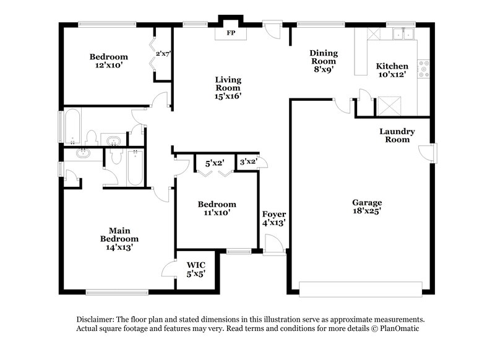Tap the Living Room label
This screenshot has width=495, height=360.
[228, 88]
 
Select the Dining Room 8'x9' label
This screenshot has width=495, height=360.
[323, 61]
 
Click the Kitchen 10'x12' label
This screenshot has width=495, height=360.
[393, 70]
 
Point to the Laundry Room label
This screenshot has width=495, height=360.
[397, 135]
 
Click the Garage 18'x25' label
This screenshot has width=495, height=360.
[367, 207]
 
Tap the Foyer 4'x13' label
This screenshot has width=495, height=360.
[273, 218]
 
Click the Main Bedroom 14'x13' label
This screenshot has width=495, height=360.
[119, 238]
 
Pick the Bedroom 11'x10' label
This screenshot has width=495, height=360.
[217, 208]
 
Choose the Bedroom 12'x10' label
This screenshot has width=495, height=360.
[108, 61]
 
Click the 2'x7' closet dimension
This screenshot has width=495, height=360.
[163, 54]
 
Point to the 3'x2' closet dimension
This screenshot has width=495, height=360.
[248, 162]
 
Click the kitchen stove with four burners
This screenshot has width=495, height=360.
[424, 69]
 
